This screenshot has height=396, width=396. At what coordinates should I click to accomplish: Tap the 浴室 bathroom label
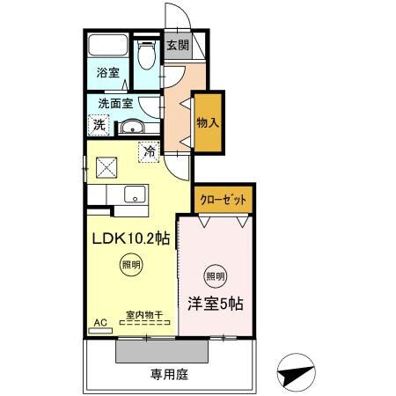point(107,74)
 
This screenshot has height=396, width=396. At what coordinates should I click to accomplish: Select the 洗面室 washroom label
point(115,102)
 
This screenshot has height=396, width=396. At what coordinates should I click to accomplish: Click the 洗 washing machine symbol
point(99,125)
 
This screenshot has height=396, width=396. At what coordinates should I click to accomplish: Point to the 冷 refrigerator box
point(150,151)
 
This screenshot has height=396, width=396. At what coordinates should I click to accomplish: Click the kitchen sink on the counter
point(134,194)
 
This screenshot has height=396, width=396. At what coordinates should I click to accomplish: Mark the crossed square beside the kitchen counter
point(107,165)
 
